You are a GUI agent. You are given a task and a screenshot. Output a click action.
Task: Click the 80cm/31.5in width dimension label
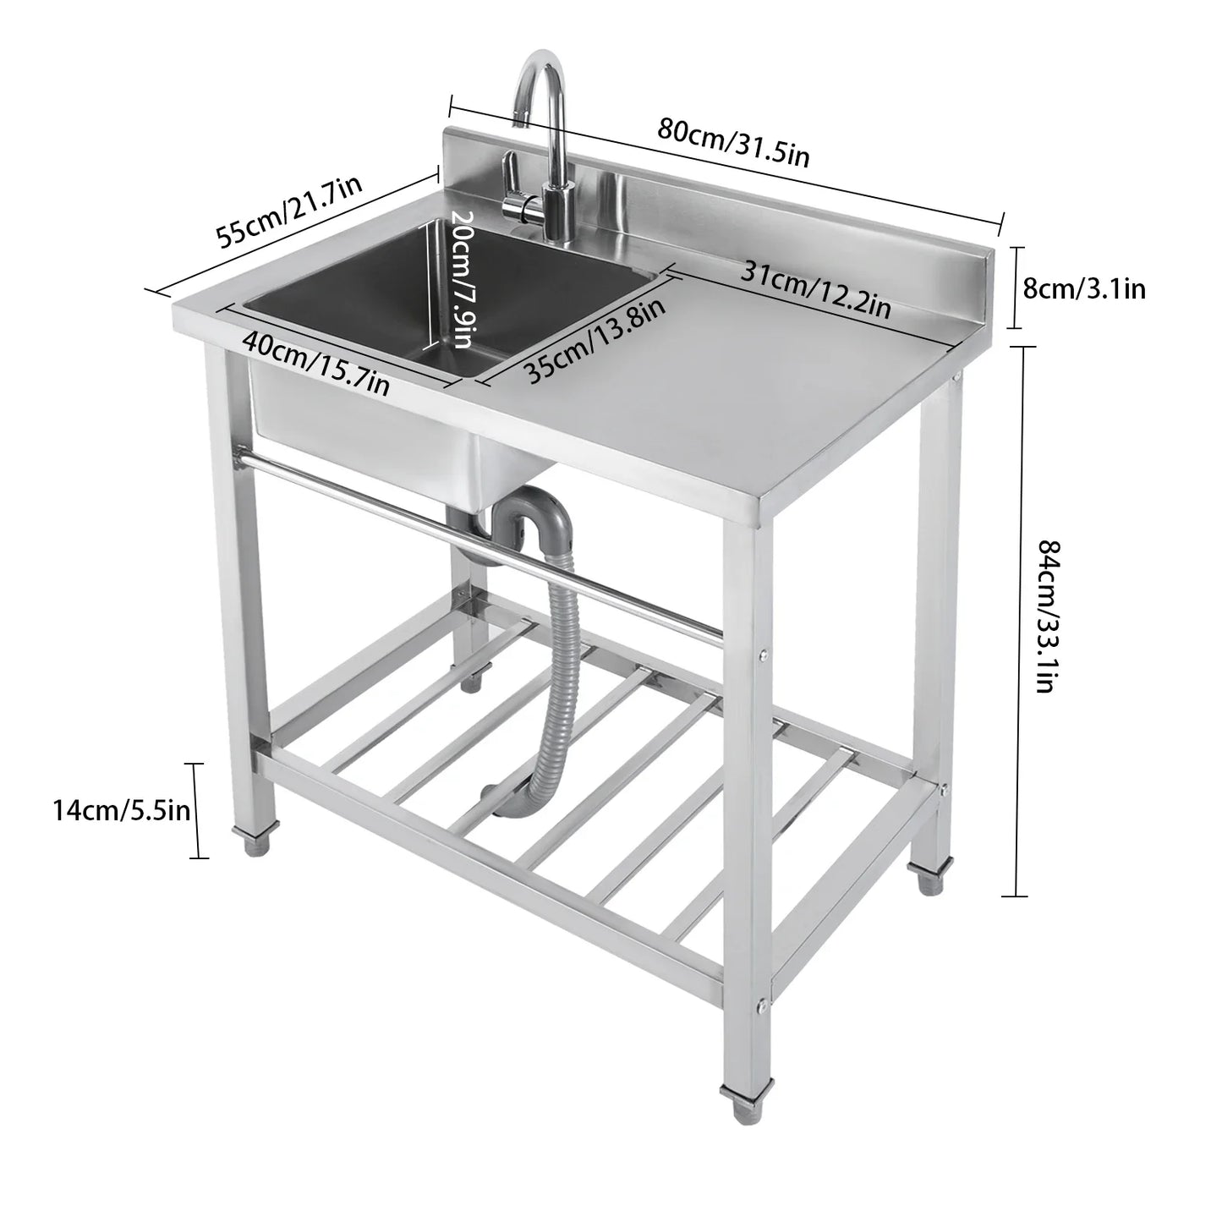pyautogui.click(x=734, y=143)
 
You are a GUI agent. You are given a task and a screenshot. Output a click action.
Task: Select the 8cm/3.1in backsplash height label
pyautogui.click(x=1084, y=289)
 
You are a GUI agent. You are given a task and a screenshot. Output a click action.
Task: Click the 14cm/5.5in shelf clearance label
pyautogui.click(x=121, y=811)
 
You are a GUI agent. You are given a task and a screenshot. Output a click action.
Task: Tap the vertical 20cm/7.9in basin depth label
pyautogui.click(x=461, y=279)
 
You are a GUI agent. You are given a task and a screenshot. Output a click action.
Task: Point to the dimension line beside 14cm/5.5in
pyautogui.click(x=198, y=811)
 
